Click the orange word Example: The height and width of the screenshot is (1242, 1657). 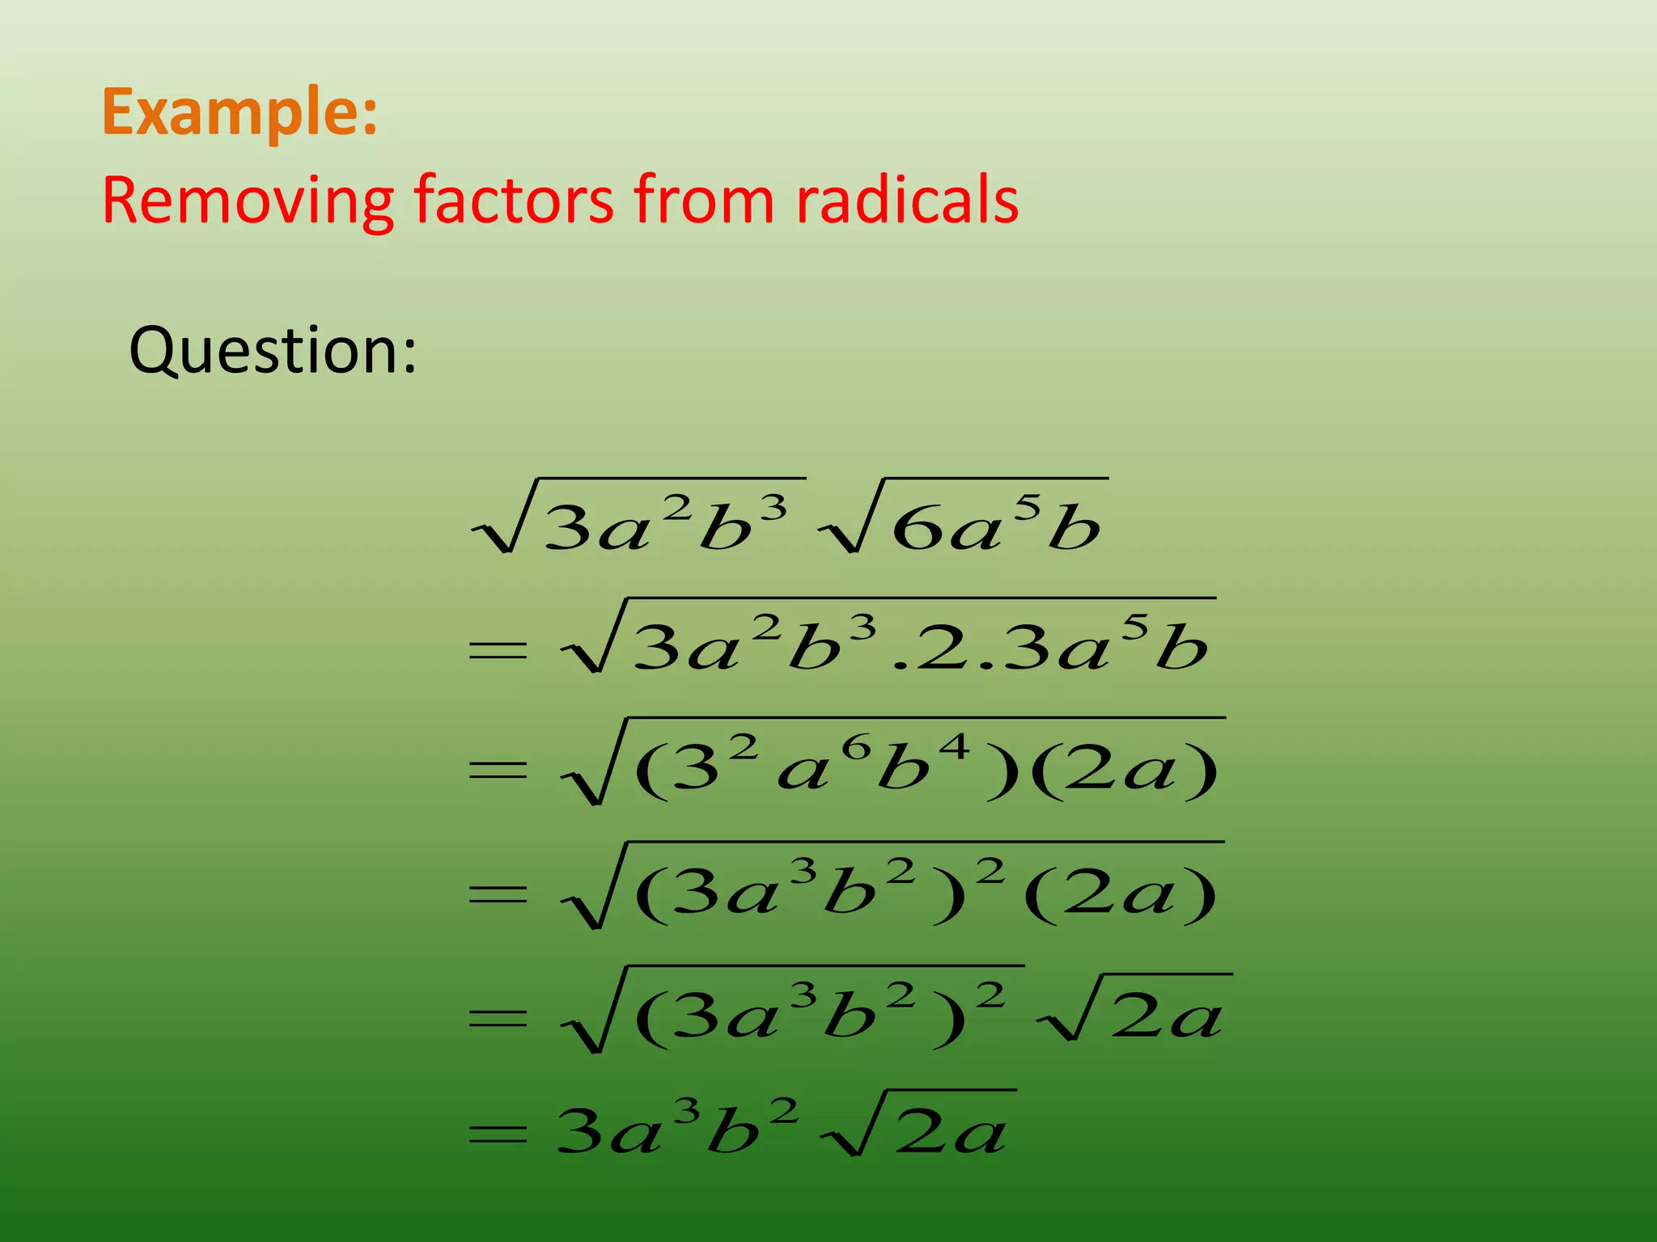(239, 113)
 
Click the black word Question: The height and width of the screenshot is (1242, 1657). (273, 351)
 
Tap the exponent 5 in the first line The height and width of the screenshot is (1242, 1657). (1028, 508)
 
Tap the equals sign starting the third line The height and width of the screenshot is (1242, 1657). (498, 770)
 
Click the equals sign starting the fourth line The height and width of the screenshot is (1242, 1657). (498, 893)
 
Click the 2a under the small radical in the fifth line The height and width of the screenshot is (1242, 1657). (1165, 1017)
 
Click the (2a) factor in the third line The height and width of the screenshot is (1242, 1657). (1125, 770)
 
